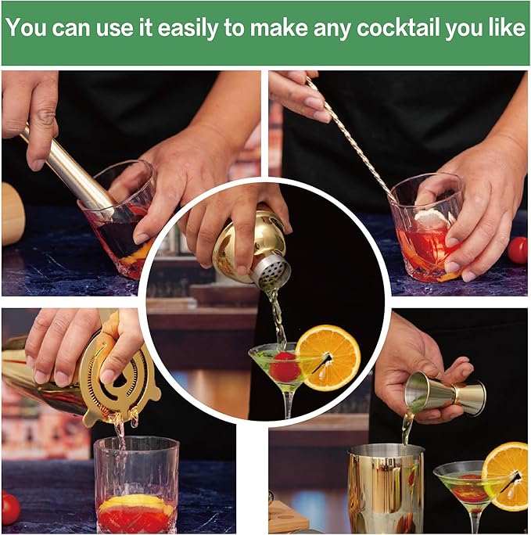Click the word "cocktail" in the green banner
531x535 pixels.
pos(398,27)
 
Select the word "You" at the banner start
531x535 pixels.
pos(26,27)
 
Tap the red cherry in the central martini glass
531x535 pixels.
pos(285,367)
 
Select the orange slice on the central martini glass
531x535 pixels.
pos(328,357)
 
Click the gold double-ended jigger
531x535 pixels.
pos(445,393)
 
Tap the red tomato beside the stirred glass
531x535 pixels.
pos(518,250)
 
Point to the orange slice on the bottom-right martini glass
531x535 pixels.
pos(507,476)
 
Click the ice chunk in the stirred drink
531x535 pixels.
pos(432,218)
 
